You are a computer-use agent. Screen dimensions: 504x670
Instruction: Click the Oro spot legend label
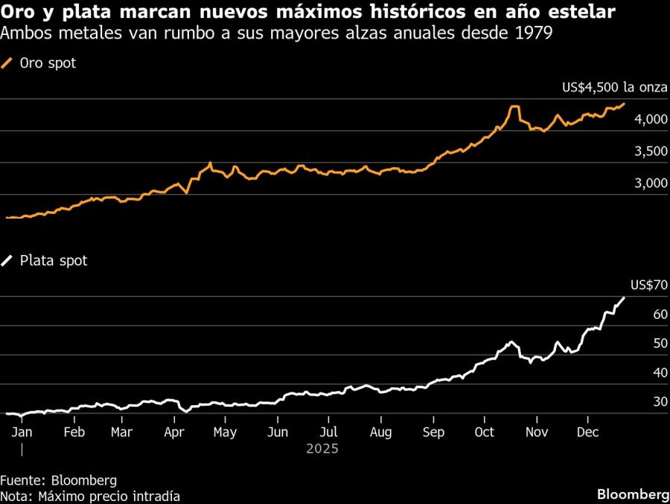click(48, 64)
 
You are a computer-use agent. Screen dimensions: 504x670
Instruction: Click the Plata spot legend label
click(53, 261)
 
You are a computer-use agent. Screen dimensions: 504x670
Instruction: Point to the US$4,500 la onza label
click(614, 88)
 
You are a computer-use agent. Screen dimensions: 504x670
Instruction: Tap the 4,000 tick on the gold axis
click(641, 120)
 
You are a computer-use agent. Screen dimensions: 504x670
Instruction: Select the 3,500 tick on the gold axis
click(641, 152)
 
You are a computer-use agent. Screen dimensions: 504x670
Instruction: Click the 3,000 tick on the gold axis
click(641, 184)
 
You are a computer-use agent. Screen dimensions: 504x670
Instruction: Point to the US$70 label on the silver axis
click(648, 285)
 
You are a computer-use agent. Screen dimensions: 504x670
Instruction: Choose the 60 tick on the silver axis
click(660, 314)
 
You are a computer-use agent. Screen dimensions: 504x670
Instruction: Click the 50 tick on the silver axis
click(660, 343)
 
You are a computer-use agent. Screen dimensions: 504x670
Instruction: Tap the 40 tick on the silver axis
click(660, 372)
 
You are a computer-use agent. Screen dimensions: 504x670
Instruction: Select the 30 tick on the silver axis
click(660, 402)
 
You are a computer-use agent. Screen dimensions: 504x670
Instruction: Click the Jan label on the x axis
click(23, 432)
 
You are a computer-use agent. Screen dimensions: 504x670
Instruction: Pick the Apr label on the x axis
click(174, 432)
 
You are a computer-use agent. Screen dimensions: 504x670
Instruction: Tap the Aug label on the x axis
click(380, 432)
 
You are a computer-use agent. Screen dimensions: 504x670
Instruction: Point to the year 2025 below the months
click(322, 449)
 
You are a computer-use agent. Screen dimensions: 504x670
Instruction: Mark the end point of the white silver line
click(624, 297)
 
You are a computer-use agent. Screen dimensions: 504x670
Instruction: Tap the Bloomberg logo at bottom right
click(633, 494)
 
